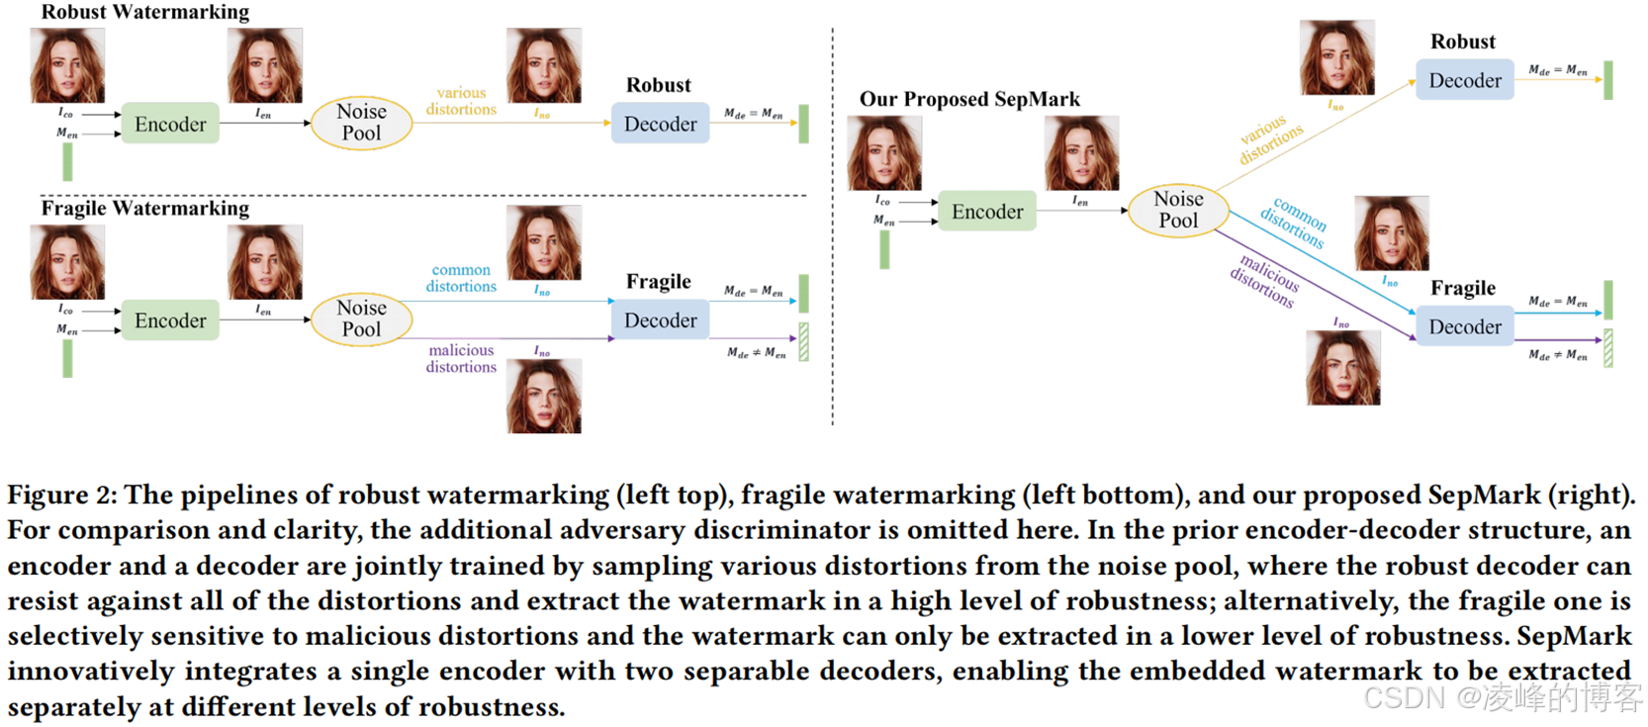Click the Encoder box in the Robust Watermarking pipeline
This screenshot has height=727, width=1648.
[x=170, y=124]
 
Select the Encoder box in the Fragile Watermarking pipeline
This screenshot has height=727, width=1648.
[x=170, y=320]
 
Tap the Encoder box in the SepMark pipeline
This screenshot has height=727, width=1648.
[x=987, y=212]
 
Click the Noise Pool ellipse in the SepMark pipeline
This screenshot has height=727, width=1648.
[x=1178, y=210]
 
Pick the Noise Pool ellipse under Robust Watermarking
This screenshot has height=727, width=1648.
[x=361, y=123]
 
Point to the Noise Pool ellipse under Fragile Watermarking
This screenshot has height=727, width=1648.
[x=361, y=318]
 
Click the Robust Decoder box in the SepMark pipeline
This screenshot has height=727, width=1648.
[x=1464, y=80]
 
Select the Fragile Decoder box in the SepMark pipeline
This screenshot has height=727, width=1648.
[x=1464, y=326]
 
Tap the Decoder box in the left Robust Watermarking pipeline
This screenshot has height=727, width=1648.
[x=660, y=124]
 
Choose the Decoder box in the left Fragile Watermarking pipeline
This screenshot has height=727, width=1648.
[x=660, y=320]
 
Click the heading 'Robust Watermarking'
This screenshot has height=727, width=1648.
[x=145, y=12]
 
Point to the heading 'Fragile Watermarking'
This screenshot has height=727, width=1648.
[x=145, y=208]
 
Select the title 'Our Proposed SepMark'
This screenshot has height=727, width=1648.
[x=969, y=99]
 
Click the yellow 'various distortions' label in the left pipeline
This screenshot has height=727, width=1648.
[x=461, y=101]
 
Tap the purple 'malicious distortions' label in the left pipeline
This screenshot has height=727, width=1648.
[x=461, y=358]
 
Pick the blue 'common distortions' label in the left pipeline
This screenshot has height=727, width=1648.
[x=461, y=278]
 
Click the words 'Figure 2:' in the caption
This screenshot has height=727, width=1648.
[x=61, y=495]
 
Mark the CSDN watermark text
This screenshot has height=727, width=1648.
[x=1502, y=697]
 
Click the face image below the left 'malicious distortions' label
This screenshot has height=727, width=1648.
[x=544, y=397]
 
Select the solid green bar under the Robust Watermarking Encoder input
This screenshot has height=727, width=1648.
[x=67, y=161]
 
